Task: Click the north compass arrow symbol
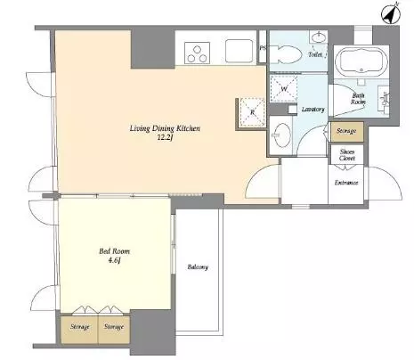(390, 13)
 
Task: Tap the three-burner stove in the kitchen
(197, 53)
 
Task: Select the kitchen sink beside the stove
(239, 51)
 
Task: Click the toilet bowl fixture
(286, 54)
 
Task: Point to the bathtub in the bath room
(361, 61)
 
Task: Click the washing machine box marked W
(283, 88)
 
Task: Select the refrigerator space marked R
(252, 112)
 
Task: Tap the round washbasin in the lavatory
(281, 135)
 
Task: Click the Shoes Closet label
(347, 155)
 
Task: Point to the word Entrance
(346, 183)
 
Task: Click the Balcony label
(198, 267)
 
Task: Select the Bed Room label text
(114, 251)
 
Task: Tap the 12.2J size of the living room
(165, 137)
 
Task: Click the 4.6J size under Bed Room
(114, 260)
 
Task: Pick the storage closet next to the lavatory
(346, 131)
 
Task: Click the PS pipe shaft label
(263, 48)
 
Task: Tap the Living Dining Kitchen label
(165, 128)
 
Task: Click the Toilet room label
(315, 54)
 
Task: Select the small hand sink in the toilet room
(319, 37)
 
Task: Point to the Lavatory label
(313, 110)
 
